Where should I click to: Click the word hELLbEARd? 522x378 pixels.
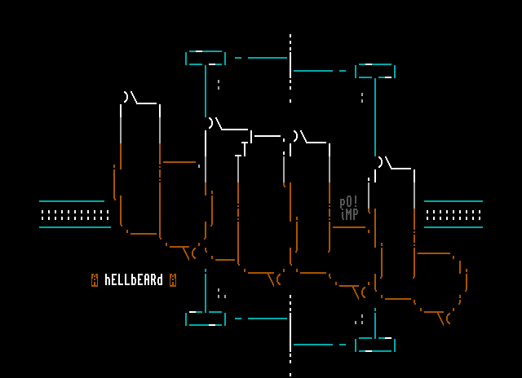(x=134, y=280)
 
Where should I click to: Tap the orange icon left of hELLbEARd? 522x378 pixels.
(x=95, y=280)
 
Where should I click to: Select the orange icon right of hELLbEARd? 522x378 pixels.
(x=173, y=280)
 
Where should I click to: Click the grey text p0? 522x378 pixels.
(x=349, y=202)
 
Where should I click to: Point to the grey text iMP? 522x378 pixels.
(x=349, y=214)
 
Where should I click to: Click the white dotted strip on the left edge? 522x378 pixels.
(x=74, y=215)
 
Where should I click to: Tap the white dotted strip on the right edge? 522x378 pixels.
(x=453, y=215)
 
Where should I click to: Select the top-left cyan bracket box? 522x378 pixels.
(x=206, y=58)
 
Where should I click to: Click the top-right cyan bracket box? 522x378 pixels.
(x=375, y=71)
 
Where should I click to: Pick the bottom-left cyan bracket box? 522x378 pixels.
(x=206, y=319)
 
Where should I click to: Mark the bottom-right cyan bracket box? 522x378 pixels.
(x=375, y=345)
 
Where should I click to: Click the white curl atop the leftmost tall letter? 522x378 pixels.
(x=129, y=98)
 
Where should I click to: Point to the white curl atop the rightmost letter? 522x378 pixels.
(x=383, y=163)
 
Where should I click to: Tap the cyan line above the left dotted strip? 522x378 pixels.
(x=72, y=200)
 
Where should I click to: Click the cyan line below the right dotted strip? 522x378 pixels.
(x=453, y=227)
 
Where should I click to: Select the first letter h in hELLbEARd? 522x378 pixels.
(x=108, y=280)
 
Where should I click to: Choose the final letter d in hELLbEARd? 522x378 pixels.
(x=160, y=280)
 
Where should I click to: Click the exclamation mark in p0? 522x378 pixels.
(x=356, y=201)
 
